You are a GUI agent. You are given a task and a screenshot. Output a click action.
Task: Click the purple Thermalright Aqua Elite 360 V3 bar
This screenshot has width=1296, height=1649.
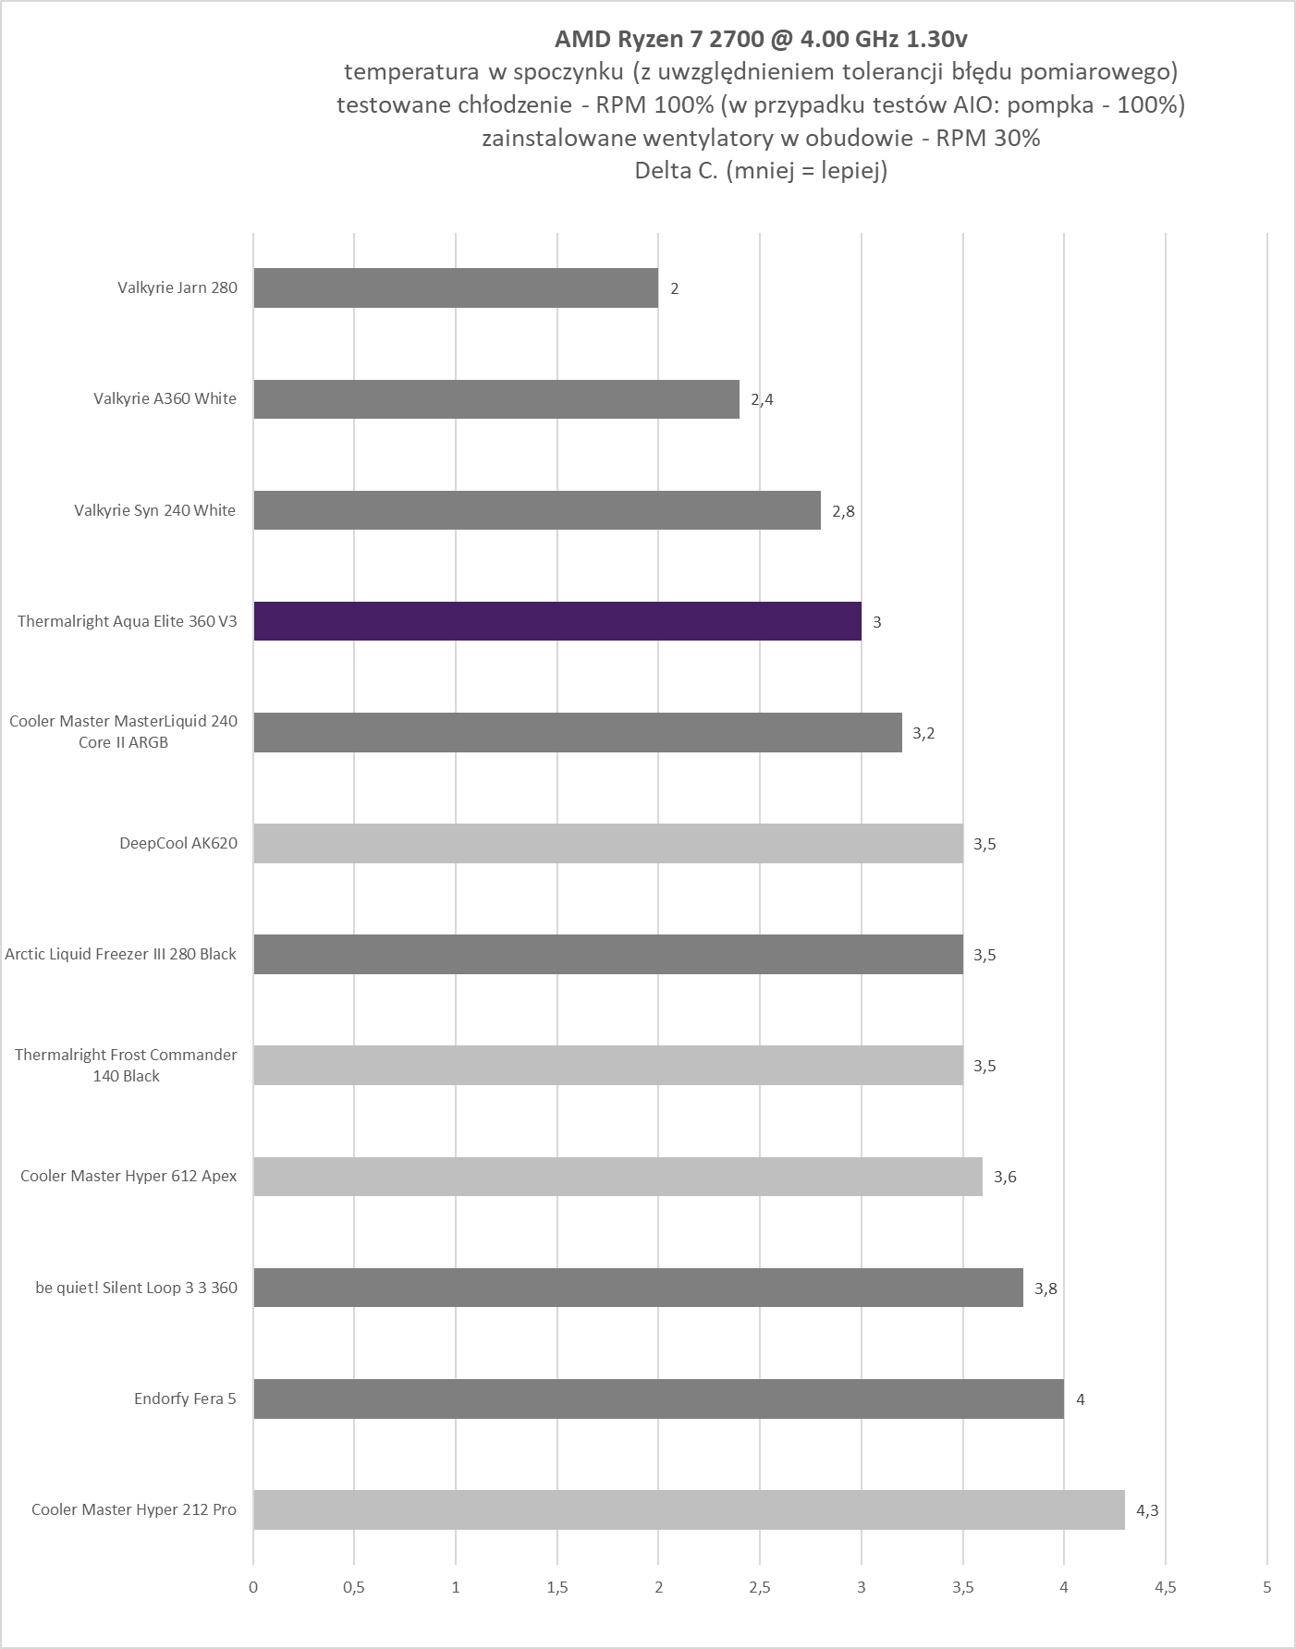point(557,621)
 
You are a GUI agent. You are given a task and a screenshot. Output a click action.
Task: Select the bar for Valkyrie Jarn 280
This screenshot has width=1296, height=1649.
point(456,287)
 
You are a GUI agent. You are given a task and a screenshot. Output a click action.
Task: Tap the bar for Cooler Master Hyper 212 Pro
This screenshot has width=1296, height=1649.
point(689,1509)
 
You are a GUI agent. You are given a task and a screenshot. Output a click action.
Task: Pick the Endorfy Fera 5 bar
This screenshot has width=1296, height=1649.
point(658,1399)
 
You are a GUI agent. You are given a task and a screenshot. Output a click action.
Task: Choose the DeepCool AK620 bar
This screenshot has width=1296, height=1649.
point(608,843)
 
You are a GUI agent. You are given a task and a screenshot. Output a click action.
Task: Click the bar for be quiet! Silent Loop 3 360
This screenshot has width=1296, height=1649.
point(638,1288)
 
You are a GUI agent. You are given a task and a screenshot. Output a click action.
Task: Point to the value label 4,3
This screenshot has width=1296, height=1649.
point(1147,1510)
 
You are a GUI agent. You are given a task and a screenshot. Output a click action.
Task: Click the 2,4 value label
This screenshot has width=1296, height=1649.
point(762,399)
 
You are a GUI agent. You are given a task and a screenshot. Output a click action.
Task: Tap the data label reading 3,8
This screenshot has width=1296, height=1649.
point(1045,1289)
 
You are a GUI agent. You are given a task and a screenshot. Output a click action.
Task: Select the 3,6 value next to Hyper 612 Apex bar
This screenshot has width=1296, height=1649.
point(1005,1177)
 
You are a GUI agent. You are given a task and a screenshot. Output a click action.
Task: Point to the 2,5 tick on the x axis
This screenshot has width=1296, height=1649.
point(760,1587)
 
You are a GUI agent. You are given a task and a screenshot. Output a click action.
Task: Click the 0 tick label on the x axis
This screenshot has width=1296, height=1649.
point(253,1587)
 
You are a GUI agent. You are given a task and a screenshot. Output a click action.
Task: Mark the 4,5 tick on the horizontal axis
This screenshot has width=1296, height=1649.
point(1166,1587)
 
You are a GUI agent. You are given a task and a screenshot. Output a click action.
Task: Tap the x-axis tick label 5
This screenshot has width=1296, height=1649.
point(1266,1587)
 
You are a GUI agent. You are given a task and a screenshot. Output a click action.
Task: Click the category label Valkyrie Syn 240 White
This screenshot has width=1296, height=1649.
point(155,510)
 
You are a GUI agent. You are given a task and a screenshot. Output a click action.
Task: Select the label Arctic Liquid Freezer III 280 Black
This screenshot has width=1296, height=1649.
point(121,954)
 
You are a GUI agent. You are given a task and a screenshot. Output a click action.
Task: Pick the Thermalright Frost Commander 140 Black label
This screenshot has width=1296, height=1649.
point(126,1065)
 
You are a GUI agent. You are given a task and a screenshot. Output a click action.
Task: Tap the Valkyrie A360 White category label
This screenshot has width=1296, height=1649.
point(165,398)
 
